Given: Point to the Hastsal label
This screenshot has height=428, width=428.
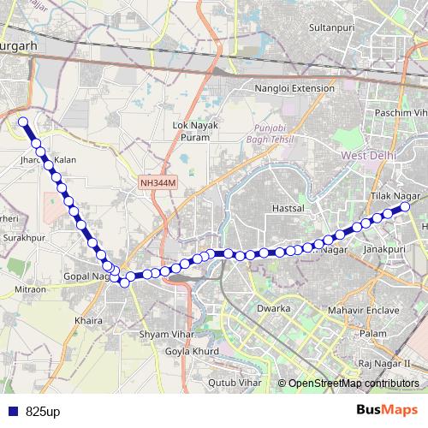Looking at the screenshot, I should tap(264, 208).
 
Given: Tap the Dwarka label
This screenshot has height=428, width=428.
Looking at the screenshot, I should tap(275, 307).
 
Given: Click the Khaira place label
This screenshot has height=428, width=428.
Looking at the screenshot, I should tap(89, 320).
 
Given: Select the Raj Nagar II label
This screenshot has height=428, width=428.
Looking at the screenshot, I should tap(386, 364).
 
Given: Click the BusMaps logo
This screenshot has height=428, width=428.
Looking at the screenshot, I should tap(388, 411).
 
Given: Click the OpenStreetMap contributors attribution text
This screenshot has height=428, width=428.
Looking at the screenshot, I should tap(354, 383).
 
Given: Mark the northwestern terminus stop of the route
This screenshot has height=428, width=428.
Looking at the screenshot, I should tap(24, 122).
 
